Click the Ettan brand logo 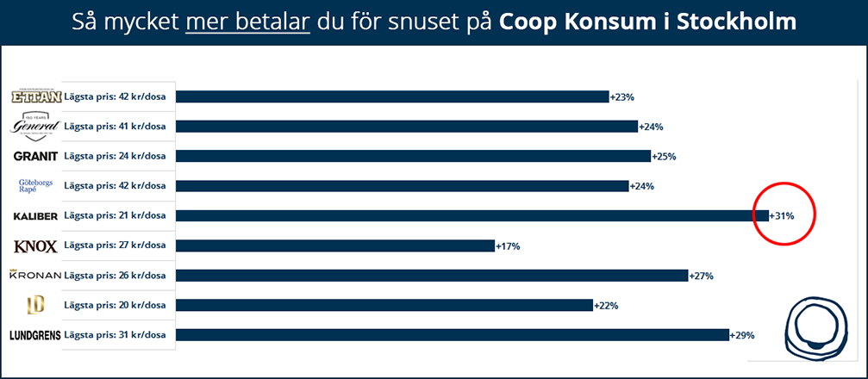[35, 96]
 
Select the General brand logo [35, 126]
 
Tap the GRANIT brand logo [35, 156]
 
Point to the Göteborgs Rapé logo [35, 185]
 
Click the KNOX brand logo [35, 246]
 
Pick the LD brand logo [35, 304]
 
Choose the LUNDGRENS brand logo [35, 335]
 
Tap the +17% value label [508, 246]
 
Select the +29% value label [742, 335]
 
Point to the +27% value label [701, 276]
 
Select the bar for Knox [336, 246]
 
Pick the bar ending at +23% [392, 96]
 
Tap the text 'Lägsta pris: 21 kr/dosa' [119, 215]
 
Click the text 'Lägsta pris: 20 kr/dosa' [119, 304]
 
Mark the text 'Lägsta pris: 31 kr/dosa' [119, 334]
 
